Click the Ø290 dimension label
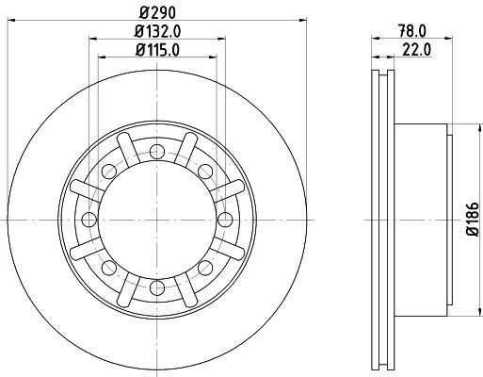tap(157, 12)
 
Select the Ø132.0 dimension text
tap(157, 31)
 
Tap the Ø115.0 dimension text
tap(157, 50)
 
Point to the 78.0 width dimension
tap(412, 31)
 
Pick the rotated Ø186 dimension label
tap(473, 219)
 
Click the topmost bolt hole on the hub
tap(157, 153)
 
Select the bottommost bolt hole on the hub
tap(157, 287)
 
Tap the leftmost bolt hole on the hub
tap(89, 220)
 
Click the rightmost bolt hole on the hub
tap(225, 220)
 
